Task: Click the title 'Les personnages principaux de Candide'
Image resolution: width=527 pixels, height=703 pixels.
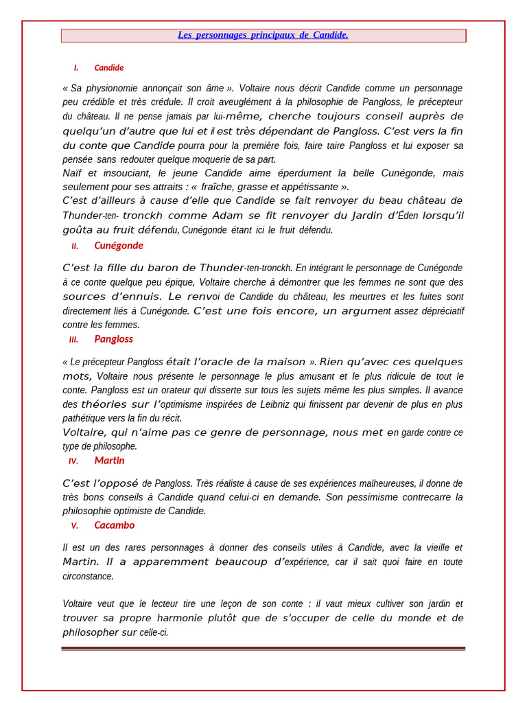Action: click(x=263, y=35)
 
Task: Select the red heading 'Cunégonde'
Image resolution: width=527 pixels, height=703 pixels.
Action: click(x=119, y=246)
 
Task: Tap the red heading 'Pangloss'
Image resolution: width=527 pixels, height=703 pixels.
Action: click(x=113, y=339)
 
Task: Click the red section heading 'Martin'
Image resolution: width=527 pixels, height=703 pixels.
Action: click(x=109, y=461)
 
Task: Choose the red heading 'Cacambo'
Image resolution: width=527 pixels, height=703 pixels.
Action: click(x=114, y=525)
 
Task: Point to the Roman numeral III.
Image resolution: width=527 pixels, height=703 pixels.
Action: click(x=73, y=340)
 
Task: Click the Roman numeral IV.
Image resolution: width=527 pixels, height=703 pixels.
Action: click(x=73, y=461)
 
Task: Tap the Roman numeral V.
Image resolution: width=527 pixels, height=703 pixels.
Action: click(x=74, y=526)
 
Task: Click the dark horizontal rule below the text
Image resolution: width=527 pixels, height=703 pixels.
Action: click(x=263, y=648)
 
